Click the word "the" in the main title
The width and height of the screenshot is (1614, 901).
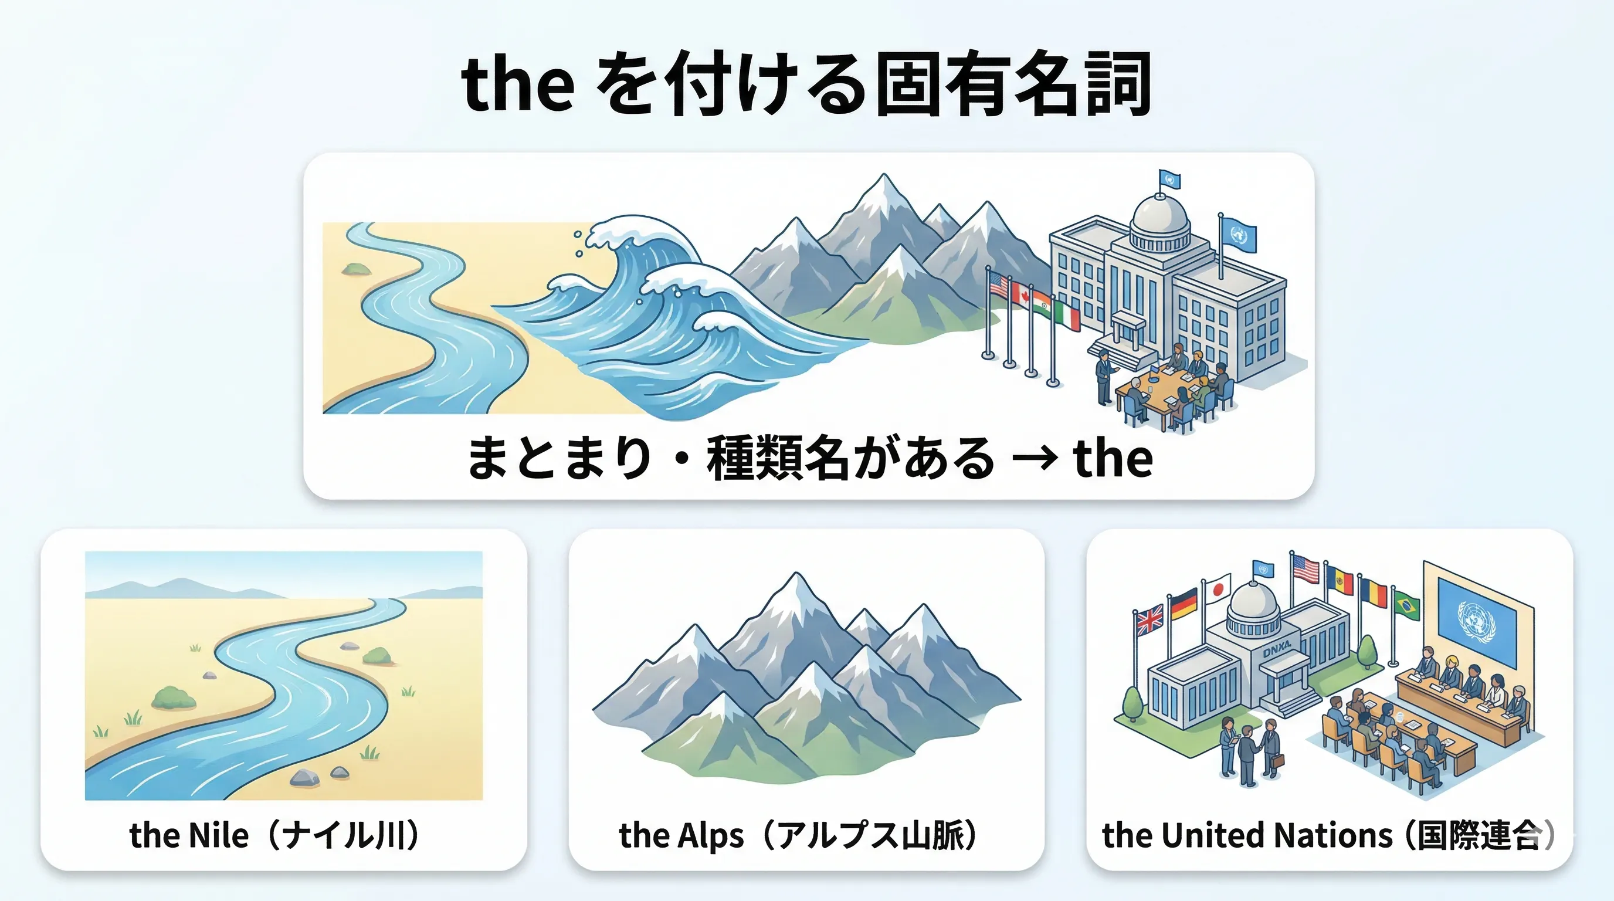pos(517,85)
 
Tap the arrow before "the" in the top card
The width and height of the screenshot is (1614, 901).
pos(1034,460)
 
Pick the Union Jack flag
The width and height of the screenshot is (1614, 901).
pos(1149,619)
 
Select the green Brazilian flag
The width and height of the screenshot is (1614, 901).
pos(1407,605)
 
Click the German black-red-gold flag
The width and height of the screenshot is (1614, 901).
pos(1184,605)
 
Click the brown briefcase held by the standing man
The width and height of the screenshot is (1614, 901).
pos(1277,761)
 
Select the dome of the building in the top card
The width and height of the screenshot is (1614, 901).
pos(1159,216)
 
